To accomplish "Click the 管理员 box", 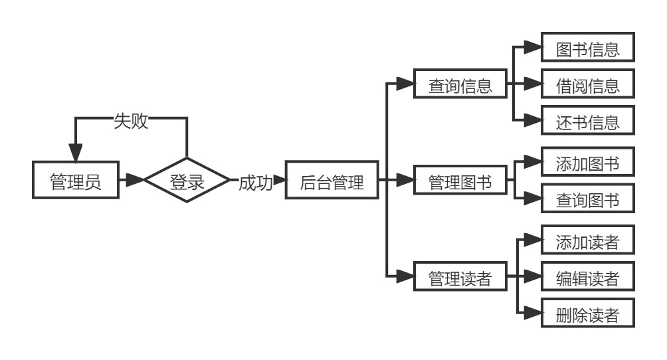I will coord(76,180).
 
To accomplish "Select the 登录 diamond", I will coord(187,181).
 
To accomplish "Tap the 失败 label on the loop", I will coord(130,121).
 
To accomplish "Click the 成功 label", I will coord(255,182).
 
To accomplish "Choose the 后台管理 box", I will coord(332,181).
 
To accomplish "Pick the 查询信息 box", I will coord(460,86).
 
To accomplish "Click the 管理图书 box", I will coord(460,181).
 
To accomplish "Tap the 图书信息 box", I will coord(587,50).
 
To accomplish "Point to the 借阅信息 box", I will coord(587,86).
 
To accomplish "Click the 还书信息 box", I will coord(587,122).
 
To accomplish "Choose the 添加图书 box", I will coord(587,163).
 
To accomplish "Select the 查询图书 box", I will coord(587,199).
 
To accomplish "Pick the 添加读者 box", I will coord(587,242).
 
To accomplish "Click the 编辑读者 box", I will coord(587,278).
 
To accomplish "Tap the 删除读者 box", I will coord(587,315).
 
